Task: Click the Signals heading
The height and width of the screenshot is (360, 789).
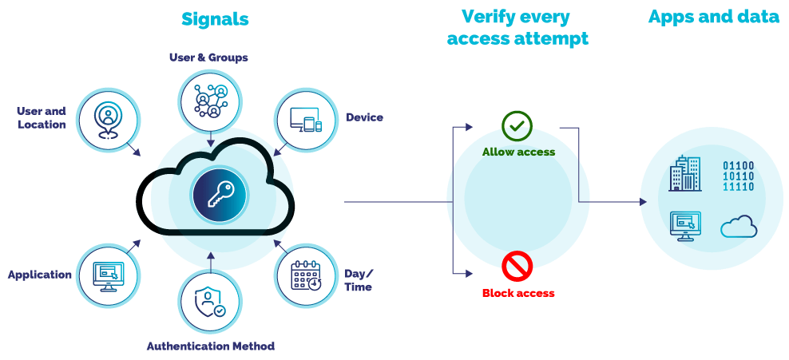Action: pyautogui.click(x=215, y=19)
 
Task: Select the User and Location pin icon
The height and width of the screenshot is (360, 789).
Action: pyautogui.click(x=105, y=121)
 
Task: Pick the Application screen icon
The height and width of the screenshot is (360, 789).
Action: pyautogui.click(x=106, y=274)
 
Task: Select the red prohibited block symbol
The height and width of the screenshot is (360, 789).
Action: pyautogui.click(x=517, y=265)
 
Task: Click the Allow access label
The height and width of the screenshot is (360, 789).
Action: pyautogui.click(x=518, y=152)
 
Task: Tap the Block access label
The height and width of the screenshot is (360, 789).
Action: pyautogui.click(x=518, y=293)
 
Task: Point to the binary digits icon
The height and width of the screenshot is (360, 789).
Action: pyautogui.click(x=738, y=176)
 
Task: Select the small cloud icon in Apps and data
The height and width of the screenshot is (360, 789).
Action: pyautogui.click(x=738, y=227)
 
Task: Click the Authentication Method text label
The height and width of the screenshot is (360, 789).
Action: pyautogui.click(x=211, y=346)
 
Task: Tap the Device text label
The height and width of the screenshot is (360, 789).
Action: pyautogui.click(x=364, y=117)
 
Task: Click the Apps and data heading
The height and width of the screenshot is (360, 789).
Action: pyautogui.click(x=713, y=17)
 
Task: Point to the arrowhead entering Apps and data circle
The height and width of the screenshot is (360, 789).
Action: pyautogui.click(x=643, y=202)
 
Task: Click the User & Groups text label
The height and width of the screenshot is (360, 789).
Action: pyautogui.click(x=208, y=57)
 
